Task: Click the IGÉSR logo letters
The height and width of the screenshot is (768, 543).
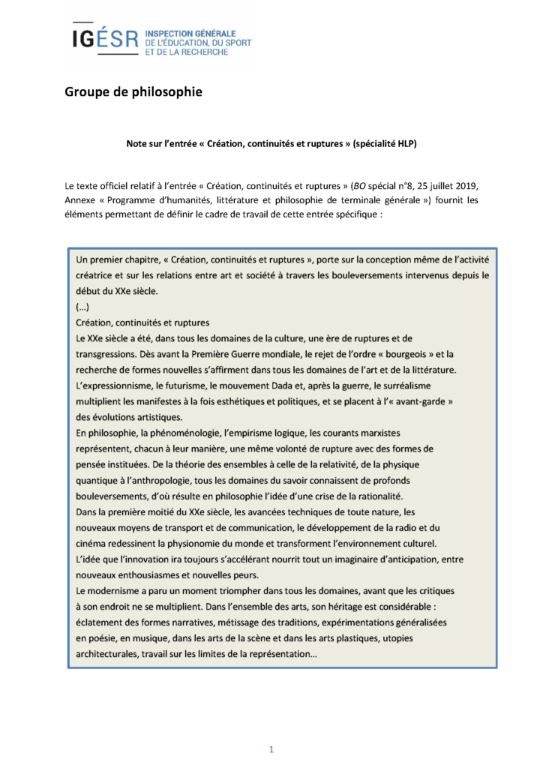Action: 105,39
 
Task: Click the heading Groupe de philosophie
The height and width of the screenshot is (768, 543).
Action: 133,93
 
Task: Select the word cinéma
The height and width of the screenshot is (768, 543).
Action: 94,543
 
